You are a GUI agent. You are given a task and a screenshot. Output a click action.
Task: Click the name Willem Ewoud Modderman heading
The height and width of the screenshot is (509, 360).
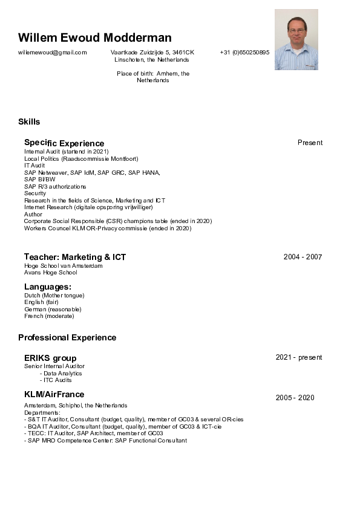(94, 37)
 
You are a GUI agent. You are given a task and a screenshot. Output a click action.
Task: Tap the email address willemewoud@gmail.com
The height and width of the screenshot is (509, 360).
(53, 53)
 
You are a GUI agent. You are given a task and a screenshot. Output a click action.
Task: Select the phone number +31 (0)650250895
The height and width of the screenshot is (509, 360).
(244, 53)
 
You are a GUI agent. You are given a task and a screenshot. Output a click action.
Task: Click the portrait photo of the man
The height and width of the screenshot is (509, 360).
(296, 40)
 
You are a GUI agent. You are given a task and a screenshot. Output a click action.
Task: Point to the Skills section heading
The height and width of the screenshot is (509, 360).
(29, 122)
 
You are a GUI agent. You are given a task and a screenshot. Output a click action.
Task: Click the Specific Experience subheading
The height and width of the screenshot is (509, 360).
(64, 143)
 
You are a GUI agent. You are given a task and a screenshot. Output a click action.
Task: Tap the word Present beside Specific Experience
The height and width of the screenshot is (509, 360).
(310, 143)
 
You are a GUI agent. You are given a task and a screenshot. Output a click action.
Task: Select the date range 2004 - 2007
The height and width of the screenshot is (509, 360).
(303, 257)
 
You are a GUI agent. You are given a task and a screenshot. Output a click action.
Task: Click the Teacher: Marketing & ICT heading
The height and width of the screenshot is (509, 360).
(75, 257)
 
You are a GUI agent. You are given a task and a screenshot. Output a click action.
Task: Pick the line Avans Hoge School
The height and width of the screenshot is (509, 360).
(51, 273)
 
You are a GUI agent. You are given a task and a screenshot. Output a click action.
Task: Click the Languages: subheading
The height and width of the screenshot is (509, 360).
(48, 287)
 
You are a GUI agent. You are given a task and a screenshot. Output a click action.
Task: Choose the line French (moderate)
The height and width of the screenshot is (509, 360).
(49, 316)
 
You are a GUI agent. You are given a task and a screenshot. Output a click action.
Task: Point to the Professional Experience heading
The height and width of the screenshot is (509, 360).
(67, 337)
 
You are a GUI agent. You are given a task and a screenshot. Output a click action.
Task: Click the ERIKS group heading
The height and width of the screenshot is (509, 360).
(50, 358)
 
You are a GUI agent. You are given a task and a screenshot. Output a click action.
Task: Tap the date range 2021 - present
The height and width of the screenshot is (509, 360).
(299, 357)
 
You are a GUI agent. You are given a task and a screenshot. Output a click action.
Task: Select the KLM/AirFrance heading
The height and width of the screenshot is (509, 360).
(54, 395)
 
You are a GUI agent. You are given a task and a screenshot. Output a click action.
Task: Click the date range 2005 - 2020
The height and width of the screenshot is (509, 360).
(295, 398)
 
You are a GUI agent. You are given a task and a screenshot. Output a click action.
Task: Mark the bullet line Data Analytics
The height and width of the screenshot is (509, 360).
(62, 373)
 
